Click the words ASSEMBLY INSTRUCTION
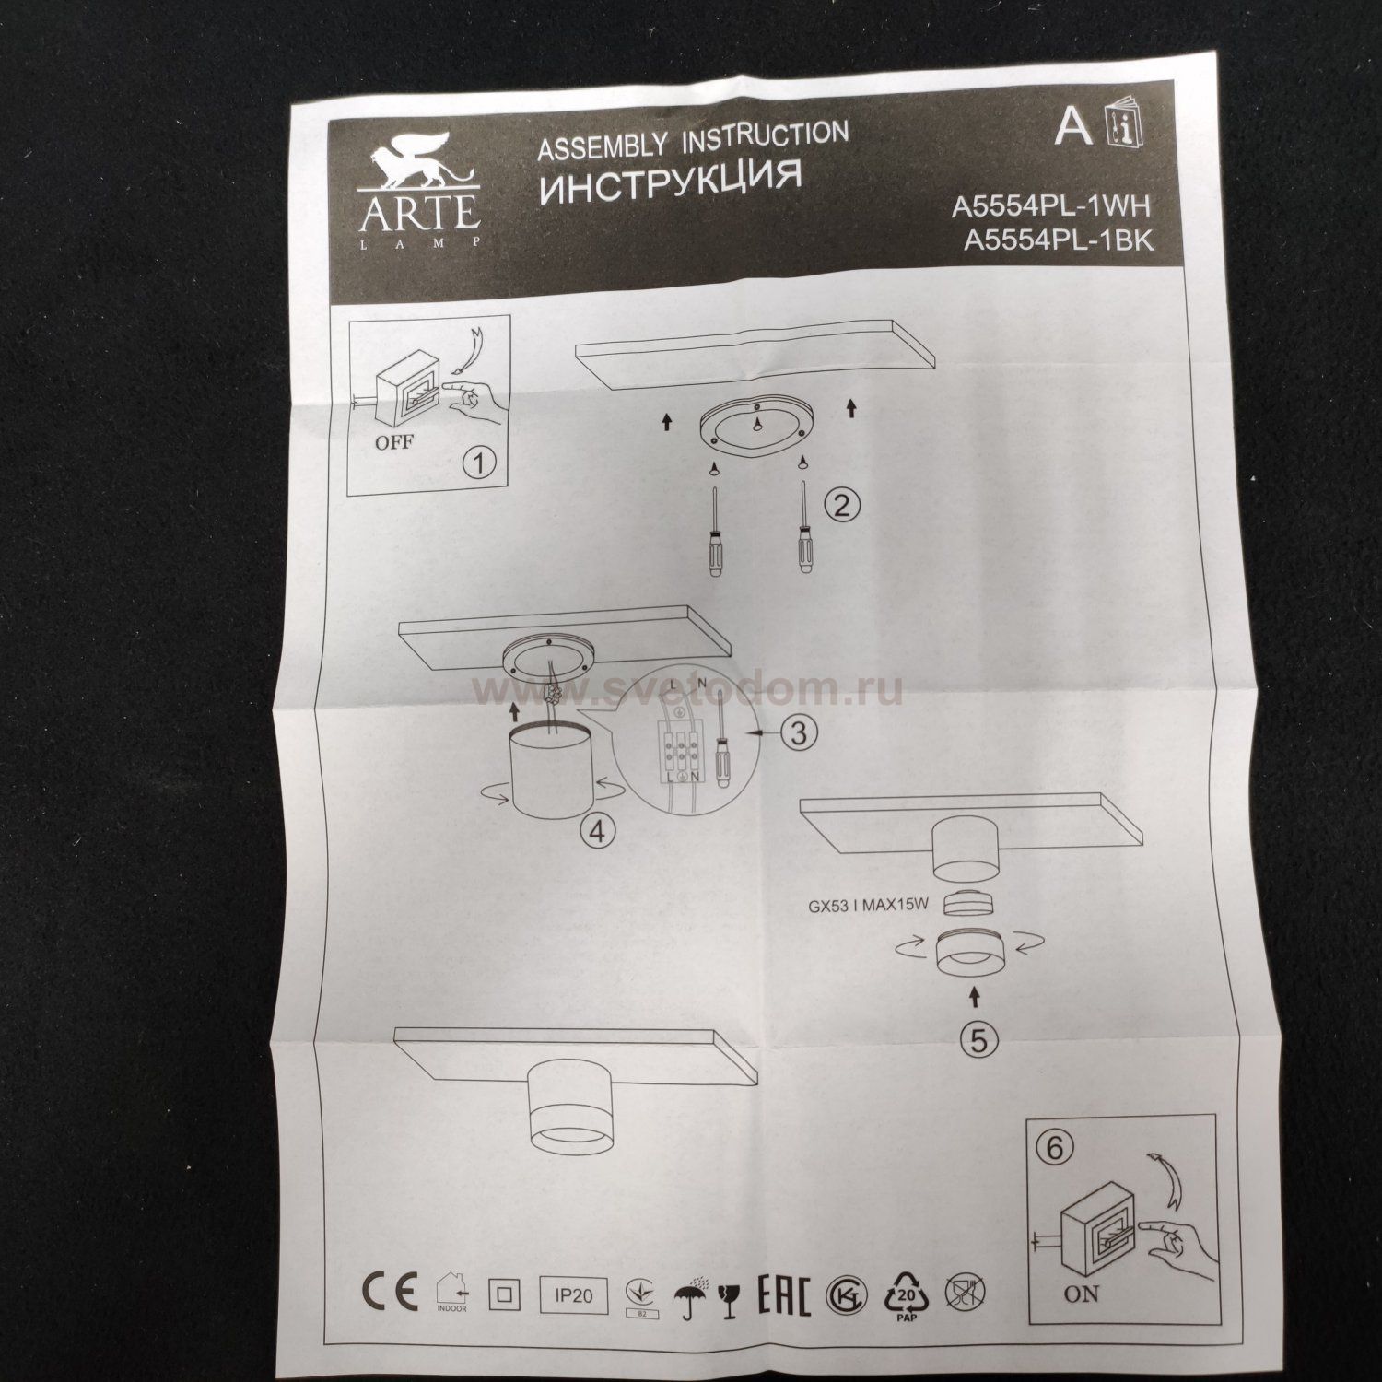pos(692,139)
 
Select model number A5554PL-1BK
pos(1058,240)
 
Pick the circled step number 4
pos(597,831)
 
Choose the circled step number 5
pos(978,1039)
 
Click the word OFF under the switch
pos(393,441)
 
